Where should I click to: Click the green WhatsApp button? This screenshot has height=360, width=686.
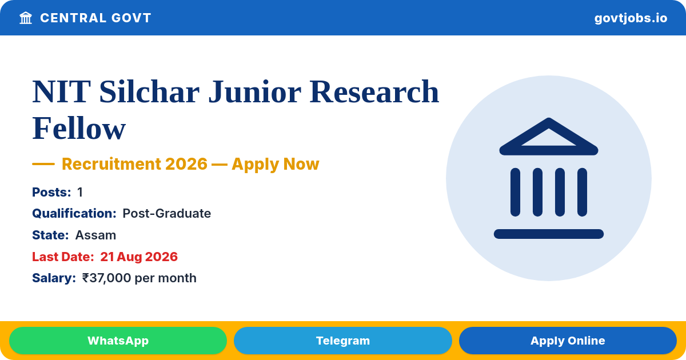118,341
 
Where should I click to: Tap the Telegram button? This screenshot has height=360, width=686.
342,341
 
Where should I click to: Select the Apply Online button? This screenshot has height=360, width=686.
568,341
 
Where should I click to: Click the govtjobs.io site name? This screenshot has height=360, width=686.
631,18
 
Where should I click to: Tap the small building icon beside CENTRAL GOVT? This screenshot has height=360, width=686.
26,18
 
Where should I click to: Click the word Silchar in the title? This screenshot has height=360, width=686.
149,92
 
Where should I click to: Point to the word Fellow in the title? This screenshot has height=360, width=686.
79,128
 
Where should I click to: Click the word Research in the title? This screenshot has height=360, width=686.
374,92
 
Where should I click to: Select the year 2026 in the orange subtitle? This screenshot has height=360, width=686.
186,164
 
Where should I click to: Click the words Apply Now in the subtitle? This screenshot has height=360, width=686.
276,164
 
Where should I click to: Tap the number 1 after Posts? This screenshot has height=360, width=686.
80,192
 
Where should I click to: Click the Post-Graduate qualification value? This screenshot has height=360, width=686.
166,213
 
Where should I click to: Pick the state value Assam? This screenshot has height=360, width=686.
95,235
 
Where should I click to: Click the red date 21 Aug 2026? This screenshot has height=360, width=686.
139,257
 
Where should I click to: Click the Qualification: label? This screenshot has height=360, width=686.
74,213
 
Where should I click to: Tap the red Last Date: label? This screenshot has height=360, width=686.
63,257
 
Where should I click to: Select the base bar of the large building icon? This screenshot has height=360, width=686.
549,234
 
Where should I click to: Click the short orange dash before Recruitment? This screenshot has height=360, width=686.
43,164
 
